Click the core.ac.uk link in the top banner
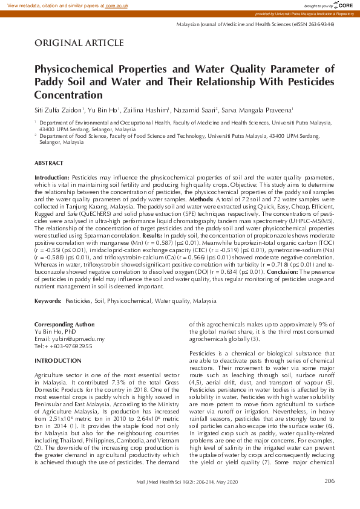[x=118, y=5]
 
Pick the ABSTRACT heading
[x=48, y=163]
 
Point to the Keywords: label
[x=48, y=300]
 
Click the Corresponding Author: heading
[x=65, y=325]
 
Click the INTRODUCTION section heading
[x=58, y=361]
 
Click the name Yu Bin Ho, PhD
[x=55, y=332]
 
